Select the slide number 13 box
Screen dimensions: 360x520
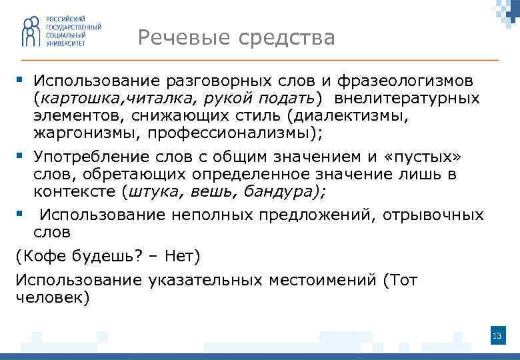[496, 335]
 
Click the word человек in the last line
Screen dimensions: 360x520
[50, 297]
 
